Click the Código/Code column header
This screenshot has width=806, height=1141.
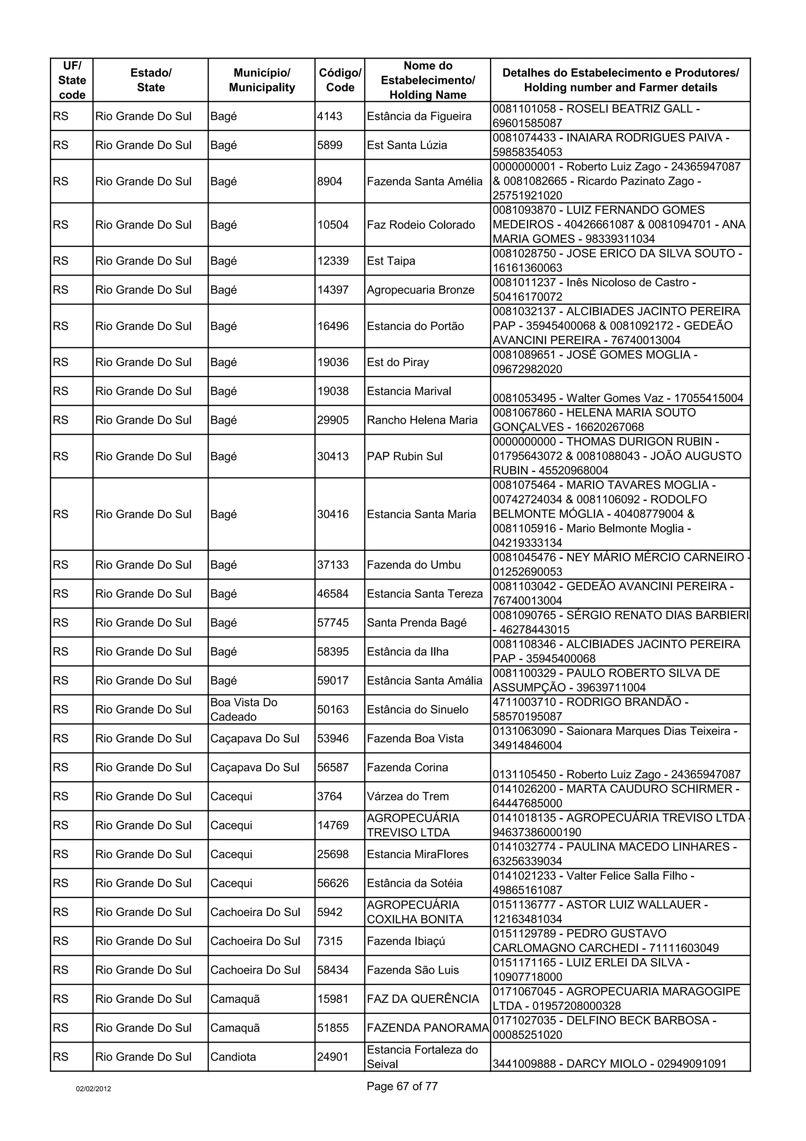point(340,80)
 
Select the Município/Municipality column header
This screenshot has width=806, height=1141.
point(262,80)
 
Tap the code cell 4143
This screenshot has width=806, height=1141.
point(330,116)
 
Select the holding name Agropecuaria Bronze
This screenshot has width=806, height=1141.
point(421,290)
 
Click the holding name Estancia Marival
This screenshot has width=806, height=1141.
point(409,391)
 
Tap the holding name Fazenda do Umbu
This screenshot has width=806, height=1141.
point(414,565)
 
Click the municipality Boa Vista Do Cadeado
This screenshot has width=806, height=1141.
point(244,709)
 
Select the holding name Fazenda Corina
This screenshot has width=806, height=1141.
point(407,767)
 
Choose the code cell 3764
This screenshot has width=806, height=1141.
point(330,796)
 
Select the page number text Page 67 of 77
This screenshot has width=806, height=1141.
point(402,1086)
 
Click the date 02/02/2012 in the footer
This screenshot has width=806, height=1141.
point(93,1089)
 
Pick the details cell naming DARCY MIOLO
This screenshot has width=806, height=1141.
point(609,1063)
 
